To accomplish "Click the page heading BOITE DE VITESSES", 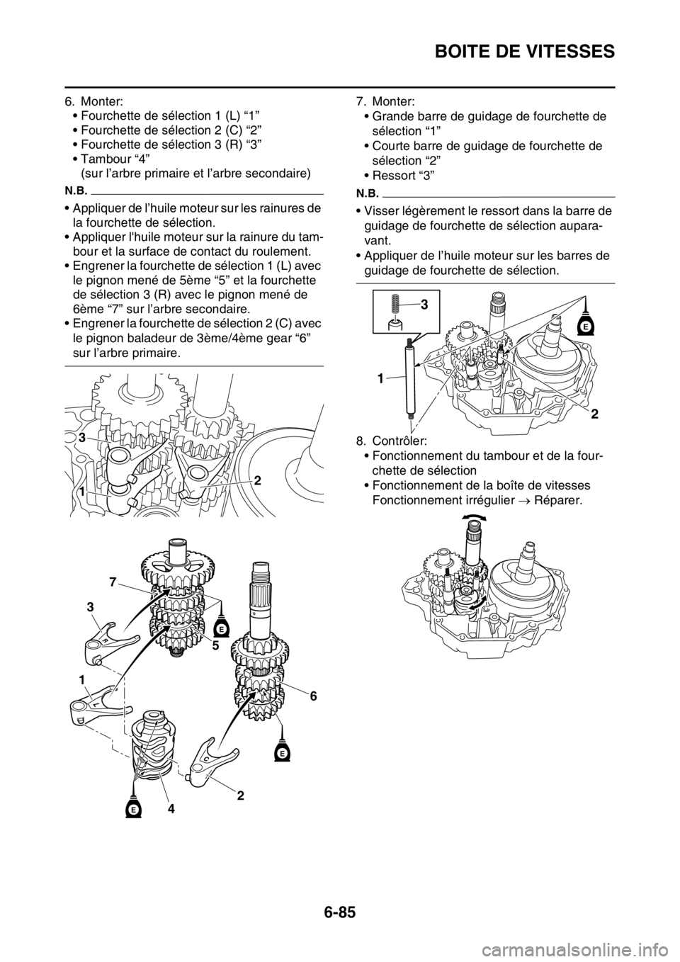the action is point(525,52).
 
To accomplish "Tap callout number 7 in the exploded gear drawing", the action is point(112,582).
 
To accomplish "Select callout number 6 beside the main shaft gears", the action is point(313,696).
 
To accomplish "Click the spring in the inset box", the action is point(395,305).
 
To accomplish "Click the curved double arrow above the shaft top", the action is point(475,519).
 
